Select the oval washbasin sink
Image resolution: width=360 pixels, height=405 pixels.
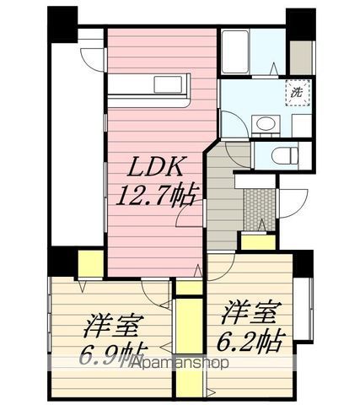tap(266, 127)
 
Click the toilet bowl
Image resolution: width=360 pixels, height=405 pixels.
tap(285, 154)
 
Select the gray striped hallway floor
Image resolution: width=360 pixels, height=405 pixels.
tap(221, 202)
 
